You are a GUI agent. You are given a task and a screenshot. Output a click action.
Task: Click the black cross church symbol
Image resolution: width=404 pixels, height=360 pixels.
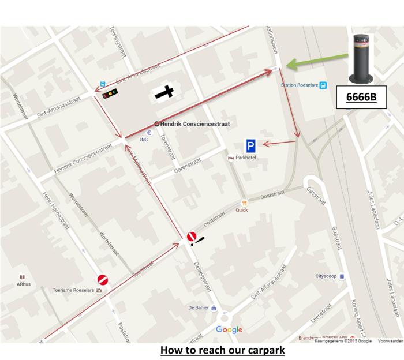click(164, 92)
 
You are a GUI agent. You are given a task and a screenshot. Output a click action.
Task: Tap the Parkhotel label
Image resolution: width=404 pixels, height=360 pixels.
click(245, 158)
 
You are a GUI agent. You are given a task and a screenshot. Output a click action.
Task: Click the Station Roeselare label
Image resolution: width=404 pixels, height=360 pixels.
click(300, 85)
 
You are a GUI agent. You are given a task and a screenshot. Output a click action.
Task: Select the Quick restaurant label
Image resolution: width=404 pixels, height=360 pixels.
click(242, 210)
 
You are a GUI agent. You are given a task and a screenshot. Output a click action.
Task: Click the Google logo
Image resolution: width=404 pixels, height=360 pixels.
click(229, 330)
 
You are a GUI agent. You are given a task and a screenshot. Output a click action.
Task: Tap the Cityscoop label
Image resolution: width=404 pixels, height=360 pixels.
click(326, 276)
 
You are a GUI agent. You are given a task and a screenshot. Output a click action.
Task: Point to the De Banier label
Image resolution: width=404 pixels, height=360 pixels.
click(198, 308)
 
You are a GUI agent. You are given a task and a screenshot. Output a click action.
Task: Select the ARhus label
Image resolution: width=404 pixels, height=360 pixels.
click(24, 284)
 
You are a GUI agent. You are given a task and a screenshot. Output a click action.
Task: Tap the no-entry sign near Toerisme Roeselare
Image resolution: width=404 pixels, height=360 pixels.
click(103, 280)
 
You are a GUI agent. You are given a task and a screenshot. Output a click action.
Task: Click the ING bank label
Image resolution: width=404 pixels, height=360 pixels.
click(144, 139)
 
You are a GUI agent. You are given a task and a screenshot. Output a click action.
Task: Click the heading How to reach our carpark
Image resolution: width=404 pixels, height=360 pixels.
click(222, 350)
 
